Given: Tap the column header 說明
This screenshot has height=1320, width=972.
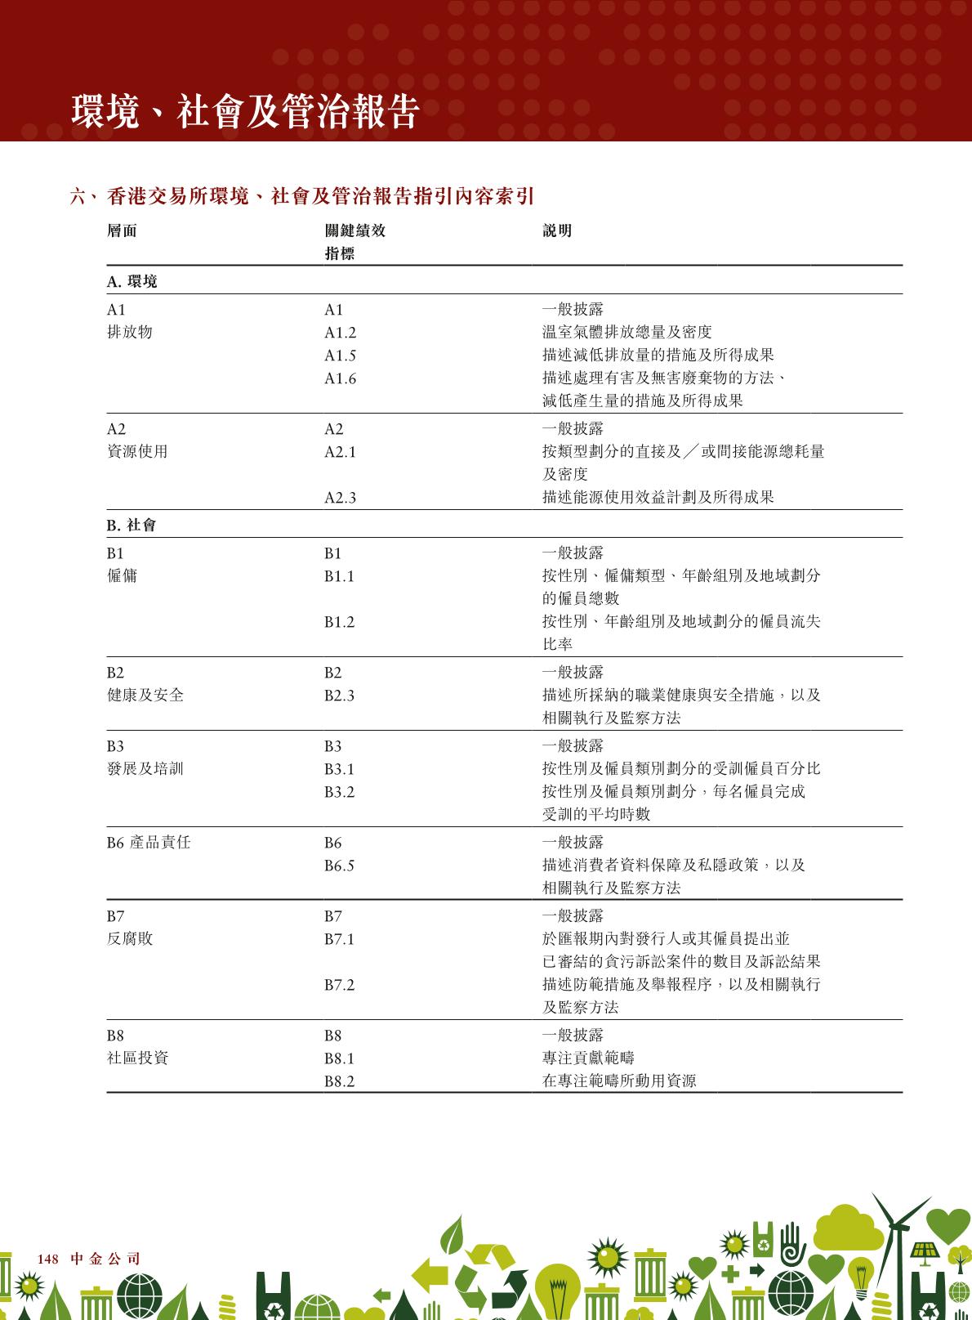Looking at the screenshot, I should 557,231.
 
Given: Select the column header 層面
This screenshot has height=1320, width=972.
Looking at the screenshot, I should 122,231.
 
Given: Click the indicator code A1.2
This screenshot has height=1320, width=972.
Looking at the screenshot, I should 340,333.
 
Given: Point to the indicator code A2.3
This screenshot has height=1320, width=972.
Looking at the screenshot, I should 340,498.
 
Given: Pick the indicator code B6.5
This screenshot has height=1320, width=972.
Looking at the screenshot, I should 339,866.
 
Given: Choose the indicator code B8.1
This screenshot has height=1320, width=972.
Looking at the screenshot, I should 339,1058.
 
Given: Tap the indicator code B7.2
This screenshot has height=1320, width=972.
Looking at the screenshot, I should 339,985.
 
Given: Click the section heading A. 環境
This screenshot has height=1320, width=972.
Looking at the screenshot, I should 132,281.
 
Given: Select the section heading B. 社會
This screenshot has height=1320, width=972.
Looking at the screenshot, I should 132,525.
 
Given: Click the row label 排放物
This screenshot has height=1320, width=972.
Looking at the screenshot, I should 129,332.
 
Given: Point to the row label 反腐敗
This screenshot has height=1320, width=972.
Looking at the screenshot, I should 129,938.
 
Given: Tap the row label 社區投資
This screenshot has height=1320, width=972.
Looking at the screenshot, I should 137,1058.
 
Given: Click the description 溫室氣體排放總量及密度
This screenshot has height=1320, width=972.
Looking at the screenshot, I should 626,332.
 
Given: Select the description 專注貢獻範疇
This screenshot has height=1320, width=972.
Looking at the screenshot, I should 588,1058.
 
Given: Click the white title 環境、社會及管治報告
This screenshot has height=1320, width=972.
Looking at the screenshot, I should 245,111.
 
